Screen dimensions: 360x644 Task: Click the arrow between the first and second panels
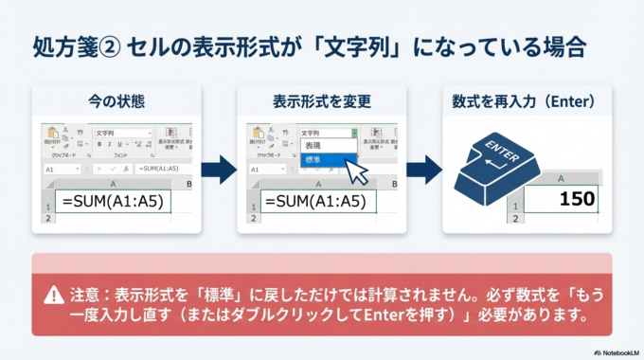[x=219, y=171]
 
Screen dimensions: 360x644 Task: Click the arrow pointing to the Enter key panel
[x=424, y=171]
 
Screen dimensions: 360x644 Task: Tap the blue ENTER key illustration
[x=498, y=163]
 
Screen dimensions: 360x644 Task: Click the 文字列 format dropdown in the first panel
[x=123, y=134]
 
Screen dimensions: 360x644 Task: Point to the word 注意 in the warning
[x=87, y=297]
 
